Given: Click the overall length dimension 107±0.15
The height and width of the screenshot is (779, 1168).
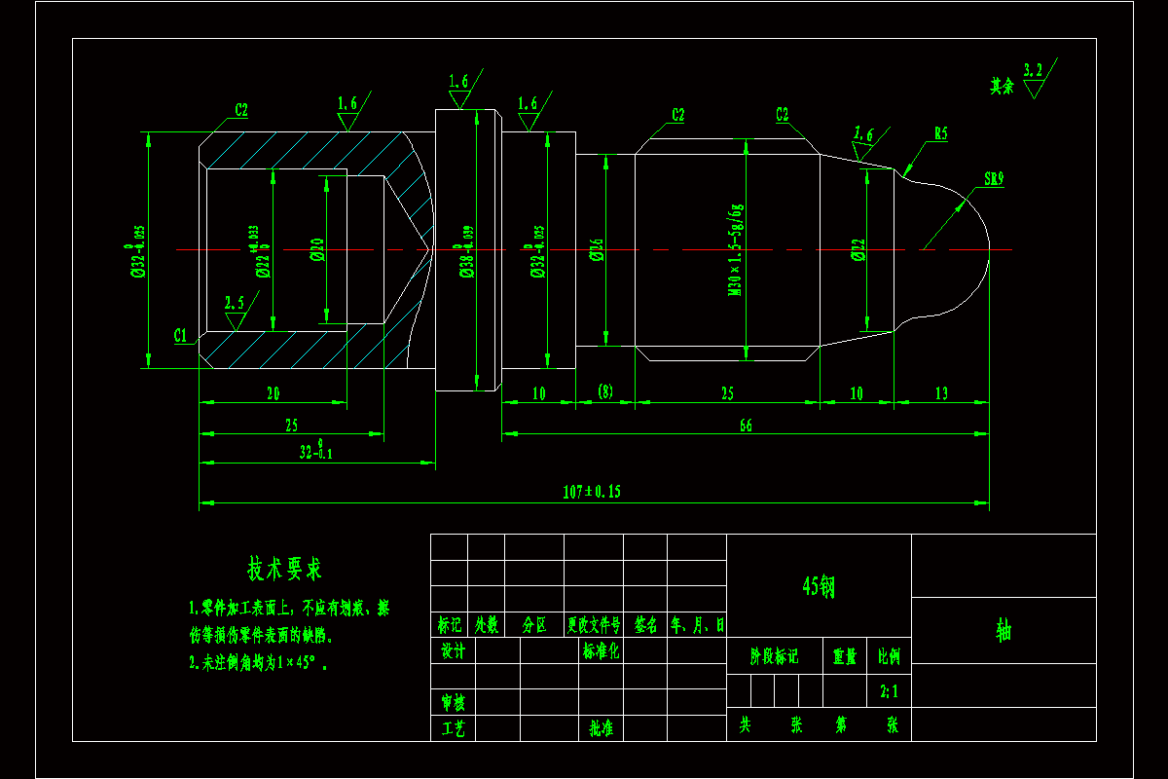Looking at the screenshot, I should (591, 492).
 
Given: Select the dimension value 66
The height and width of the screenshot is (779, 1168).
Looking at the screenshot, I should (746, 425).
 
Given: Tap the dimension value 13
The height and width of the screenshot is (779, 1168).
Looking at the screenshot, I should (941, 393).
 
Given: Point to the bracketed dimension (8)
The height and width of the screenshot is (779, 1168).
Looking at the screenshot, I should (604, 392).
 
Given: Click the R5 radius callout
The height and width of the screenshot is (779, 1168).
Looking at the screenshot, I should (940, 134).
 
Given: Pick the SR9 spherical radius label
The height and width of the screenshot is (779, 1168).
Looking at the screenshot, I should (993, 179).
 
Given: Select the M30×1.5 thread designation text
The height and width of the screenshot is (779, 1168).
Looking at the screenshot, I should (736, 250).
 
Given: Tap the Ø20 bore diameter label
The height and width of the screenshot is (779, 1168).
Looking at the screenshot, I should (315, 251).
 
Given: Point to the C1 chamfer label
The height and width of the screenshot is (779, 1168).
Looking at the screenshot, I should (181, 335).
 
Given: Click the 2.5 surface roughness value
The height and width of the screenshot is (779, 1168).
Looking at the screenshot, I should (234, 301).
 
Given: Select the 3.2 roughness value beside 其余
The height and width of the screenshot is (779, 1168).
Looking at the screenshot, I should (1034, 68).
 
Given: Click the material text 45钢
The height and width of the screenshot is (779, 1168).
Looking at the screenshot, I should (819, 585).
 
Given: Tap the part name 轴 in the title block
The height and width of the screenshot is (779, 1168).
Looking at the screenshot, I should (1004, 630).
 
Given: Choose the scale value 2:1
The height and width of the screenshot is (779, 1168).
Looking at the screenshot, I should (889, 691).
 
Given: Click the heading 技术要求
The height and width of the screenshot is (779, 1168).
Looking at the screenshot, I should (284, 568).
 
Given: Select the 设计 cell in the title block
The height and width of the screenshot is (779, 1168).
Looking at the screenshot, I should (453, 650).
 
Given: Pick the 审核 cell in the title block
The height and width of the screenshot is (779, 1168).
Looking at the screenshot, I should (453, 701).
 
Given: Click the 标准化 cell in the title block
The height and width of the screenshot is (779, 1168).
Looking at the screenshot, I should (601, 650).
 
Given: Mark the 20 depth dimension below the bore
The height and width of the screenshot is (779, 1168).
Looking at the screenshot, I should (273, 393).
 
